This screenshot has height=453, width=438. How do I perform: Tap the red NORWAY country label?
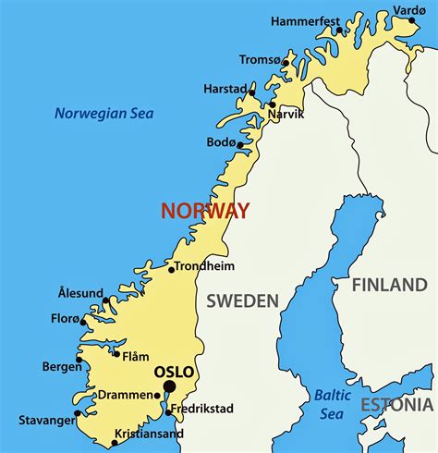205,211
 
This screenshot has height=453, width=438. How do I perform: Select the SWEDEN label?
242,300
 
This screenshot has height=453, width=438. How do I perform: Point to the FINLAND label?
389,285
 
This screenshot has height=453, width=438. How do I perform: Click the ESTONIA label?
396,405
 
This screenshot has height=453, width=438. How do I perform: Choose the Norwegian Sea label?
103,114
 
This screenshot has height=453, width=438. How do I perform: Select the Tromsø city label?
260,59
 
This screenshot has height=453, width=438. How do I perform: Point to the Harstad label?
225,89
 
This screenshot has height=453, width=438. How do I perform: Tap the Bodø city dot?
240,145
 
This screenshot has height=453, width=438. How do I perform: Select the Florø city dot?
83,322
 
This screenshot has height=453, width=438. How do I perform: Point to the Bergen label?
62,366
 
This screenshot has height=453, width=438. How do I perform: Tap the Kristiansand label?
149,434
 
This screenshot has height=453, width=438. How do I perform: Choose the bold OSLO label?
174,373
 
